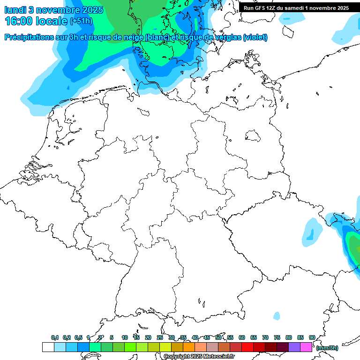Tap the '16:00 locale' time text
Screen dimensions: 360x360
36,21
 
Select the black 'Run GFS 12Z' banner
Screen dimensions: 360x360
296,7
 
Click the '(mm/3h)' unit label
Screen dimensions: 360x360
327,348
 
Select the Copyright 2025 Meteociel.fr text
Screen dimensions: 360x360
199,357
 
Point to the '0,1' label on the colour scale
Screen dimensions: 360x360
55,337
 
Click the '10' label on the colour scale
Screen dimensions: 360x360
125,337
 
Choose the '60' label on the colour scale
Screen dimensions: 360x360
242,337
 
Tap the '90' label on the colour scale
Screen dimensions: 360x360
312,337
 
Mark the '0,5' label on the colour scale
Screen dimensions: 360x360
78,337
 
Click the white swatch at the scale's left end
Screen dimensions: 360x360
48,347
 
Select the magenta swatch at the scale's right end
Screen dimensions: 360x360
306,347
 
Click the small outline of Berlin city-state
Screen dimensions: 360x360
253,136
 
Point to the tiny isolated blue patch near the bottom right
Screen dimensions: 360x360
277,315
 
